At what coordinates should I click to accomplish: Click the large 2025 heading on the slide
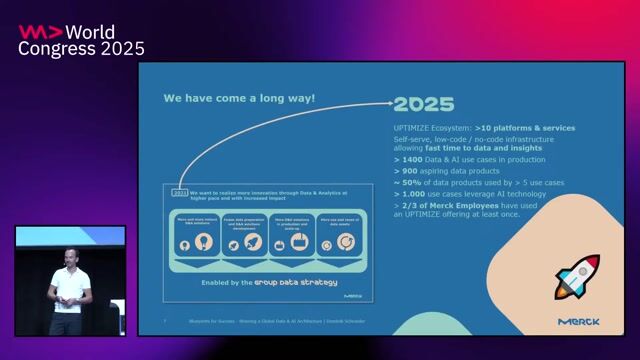(x=423, y=104)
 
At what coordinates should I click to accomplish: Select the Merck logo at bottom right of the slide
(x=579, y=322)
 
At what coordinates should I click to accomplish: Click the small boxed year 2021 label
(x=179, y=191)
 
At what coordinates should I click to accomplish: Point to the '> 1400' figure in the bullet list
(x=411, y=159)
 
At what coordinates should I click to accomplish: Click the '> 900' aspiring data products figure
(x=407, y=171)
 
